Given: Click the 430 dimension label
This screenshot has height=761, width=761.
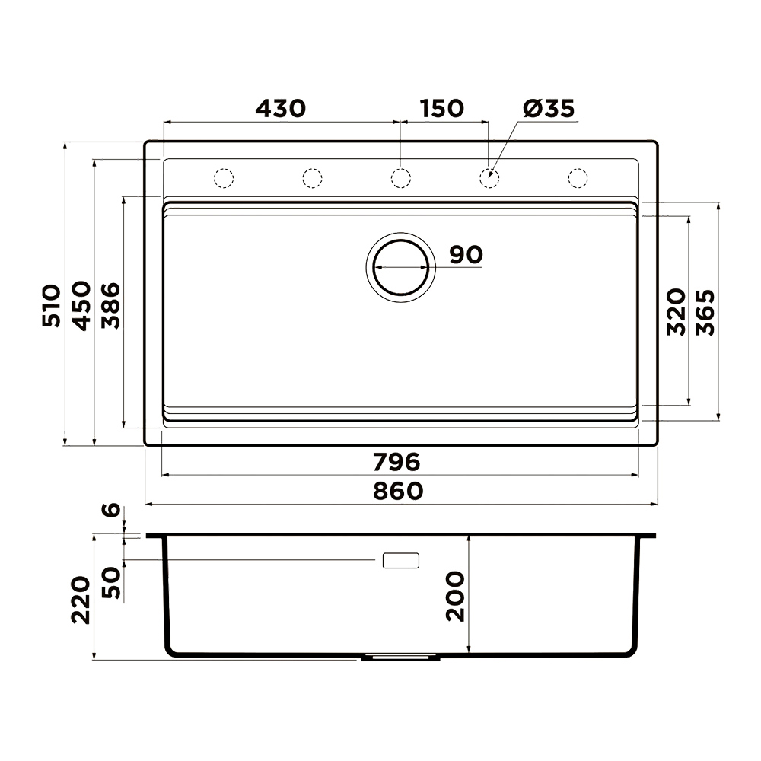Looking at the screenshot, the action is [x=281, y=109].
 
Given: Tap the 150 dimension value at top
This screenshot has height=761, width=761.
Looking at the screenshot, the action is [x=442, y=109].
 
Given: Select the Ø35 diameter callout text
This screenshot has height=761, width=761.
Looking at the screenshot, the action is [x=549, y=108].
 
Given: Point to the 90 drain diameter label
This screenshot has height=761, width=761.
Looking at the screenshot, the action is [x=466, y=254].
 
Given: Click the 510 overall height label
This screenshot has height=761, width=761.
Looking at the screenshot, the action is [x=52, y=305].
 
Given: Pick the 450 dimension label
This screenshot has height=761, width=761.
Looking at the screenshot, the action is [x=81, y=305].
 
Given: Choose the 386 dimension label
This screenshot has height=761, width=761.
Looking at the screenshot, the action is [x=110, y=305].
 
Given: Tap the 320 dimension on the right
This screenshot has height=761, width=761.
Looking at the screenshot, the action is [x=676, y=311].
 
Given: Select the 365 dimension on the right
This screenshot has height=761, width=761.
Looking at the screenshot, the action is [x=705, y=313].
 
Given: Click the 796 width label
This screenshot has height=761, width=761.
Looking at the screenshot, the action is [x=396, y=462].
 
